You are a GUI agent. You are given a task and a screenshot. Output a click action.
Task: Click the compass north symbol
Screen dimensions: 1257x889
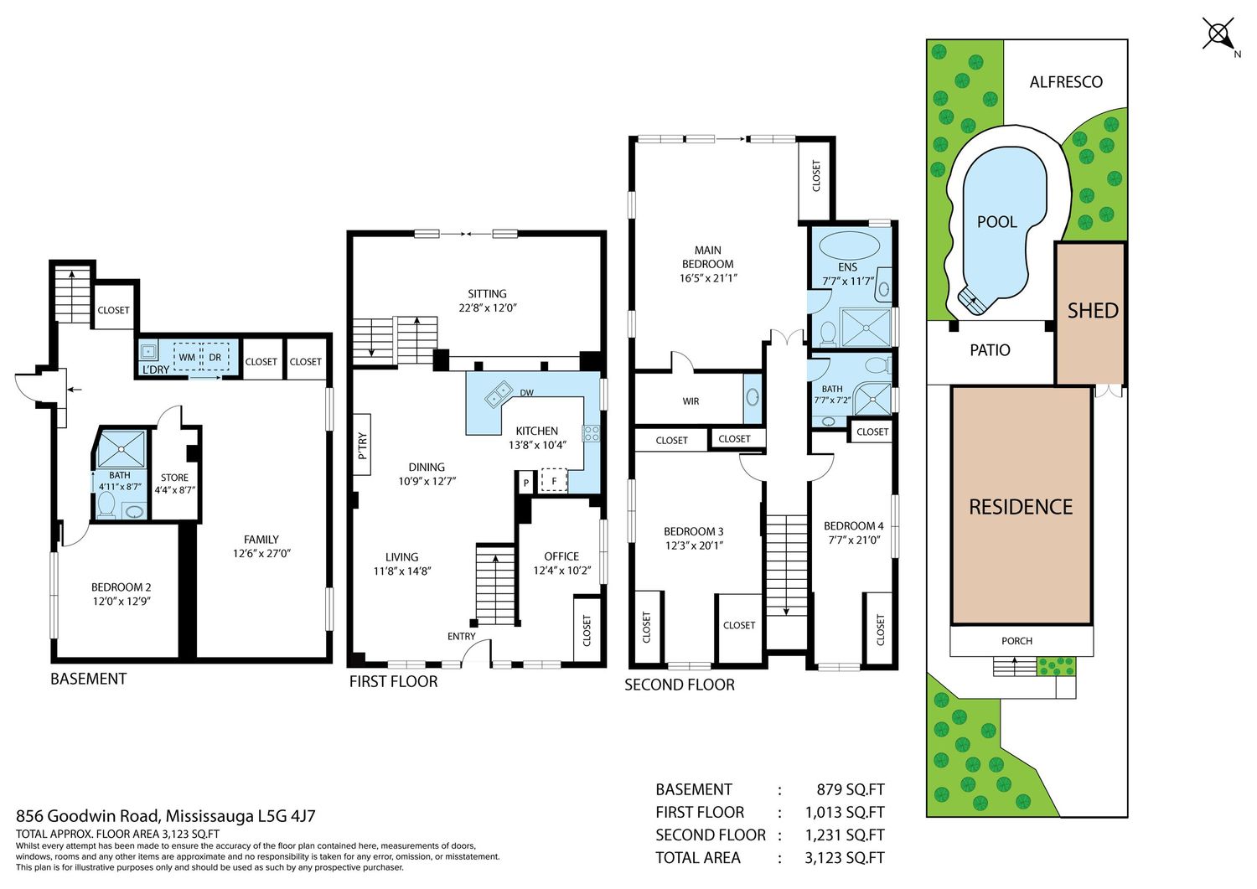click(x=1218, y=35)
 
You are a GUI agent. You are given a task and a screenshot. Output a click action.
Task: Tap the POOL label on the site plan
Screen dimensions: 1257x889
click(x=996, y=222)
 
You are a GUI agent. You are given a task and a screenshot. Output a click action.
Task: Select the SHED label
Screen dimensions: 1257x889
click(x=1093, y=310)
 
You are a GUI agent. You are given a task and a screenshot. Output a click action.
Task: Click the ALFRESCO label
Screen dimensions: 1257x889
click(x=1066, y=82)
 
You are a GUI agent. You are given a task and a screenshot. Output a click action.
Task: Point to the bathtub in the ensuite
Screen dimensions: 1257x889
click(x=849, y=246)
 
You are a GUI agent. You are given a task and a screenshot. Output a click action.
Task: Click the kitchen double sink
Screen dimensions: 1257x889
click(x=499, y=393)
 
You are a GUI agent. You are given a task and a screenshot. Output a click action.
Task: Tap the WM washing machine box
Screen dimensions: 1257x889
click(x=187, y=358)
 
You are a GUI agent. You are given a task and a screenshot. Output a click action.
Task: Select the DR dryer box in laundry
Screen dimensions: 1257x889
click(x=215, y=358)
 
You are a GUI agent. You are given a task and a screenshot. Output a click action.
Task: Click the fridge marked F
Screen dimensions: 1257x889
click(x=554, y=481)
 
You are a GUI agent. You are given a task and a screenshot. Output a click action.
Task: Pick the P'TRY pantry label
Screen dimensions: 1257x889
click(x=363, y=446)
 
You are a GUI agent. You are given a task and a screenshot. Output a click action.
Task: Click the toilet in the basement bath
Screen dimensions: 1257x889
click(x=106, y=504)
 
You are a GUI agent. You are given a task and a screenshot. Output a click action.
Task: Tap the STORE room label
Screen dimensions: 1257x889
click(x=174, y=478)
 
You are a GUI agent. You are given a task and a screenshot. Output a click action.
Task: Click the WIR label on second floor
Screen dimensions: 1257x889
click(x=691, y=401)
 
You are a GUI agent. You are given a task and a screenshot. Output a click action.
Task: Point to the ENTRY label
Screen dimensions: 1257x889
click(x=461, y=636)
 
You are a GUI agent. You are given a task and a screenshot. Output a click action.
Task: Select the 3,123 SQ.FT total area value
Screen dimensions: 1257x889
click(x=845, y=857)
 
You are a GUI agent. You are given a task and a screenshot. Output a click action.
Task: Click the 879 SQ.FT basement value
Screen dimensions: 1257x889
click(x=851, y=789)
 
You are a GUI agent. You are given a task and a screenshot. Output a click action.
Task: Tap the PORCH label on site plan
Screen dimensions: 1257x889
click(x=1016, y=641)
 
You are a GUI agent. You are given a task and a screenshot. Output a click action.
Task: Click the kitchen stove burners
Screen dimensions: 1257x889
click(x=591, y=432)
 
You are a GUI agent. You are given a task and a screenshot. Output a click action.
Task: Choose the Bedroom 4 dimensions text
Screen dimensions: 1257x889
click(x=854, y=540)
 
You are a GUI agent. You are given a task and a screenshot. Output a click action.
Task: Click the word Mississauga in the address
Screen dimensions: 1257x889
click(x=209, y=815)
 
